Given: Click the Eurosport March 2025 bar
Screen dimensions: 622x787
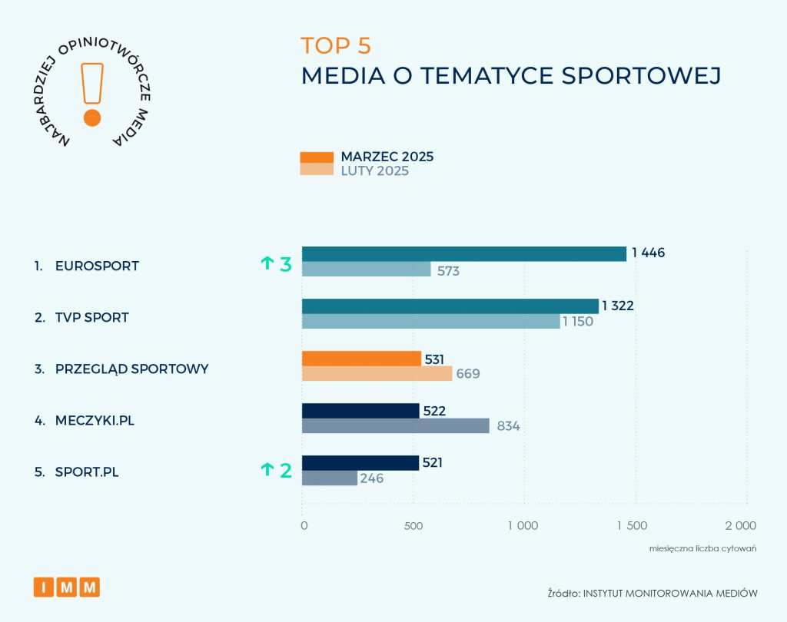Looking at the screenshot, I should pos(463,254).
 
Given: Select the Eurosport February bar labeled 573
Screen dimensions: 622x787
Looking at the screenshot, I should pos(366,270).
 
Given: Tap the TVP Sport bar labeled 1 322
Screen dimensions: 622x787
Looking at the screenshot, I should pos(450,306).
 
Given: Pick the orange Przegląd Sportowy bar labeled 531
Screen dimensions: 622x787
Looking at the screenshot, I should pos(361,359).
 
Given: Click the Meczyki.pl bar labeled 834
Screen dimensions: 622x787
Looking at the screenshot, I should pos(395,426).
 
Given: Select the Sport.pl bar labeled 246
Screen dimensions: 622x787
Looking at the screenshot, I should pos(329,478).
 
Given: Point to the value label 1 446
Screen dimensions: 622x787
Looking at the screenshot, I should pos(648,253).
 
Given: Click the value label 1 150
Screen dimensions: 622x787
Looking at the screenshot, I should pos(578,322).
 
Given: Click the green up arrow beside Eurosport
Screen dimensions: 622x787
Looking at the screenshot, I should pos(267,264).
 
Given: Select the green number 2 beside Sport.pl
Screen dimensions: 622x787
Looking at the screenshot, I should pos(286,470).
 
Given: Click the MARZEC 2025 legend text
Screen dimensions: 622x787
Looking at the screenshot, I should pos(387,157).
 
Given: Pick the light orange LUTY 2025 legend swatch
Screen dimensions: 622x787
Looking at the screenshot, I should pos(317,170).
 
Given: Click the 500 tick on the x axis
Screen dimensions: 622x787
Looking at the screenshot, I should pos(413,526).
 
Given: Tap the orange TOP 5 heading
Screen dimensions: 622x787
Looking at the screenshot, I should pos(336,46).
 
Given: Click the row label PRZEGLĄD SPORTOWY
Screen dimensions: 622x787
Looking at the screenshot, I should pos(131,369).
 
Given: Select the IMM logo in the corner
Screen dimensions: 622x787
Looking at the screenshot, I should pos(67,587).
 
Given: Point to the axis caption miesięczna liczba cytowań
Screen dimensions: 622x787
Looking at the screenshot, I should pos(703,549).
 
